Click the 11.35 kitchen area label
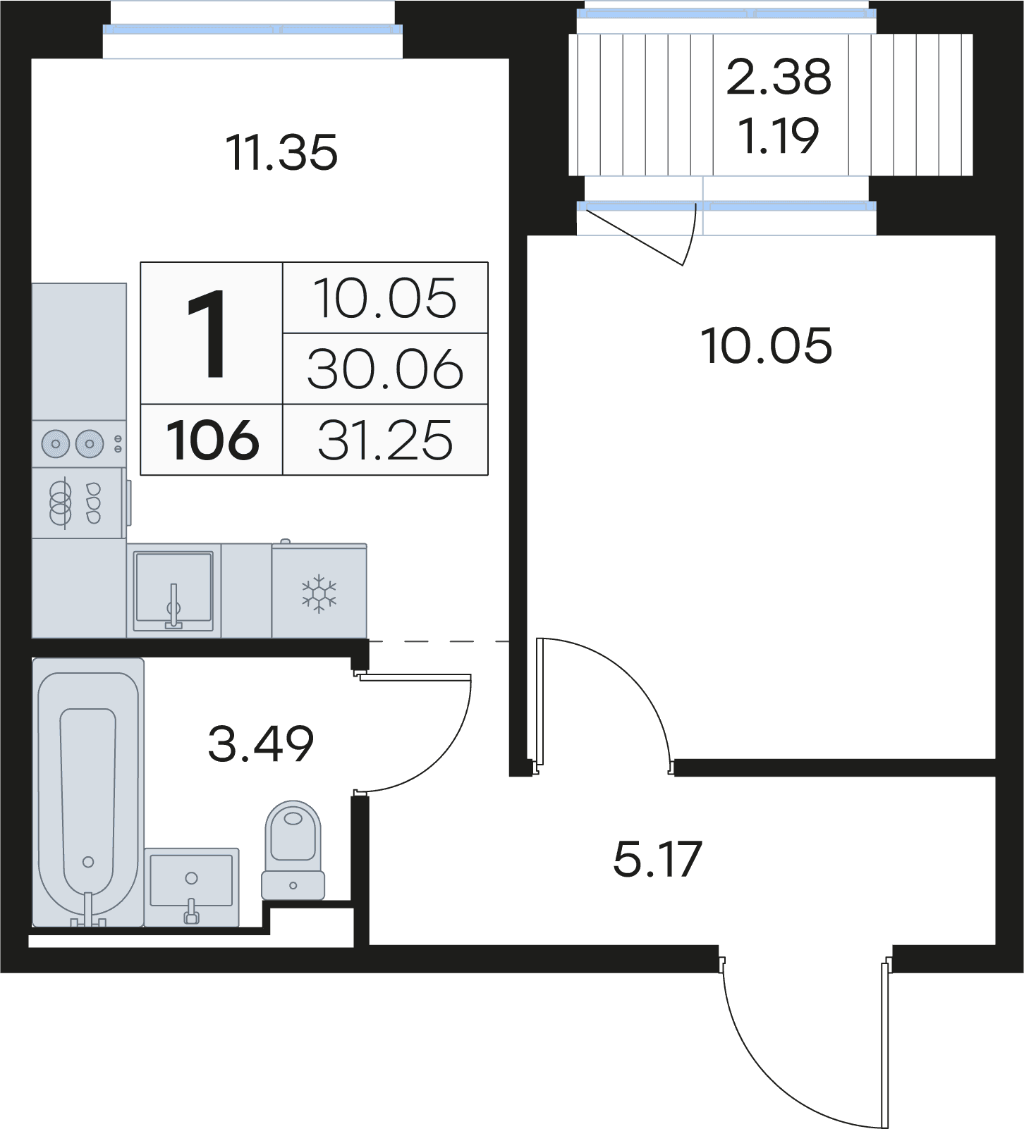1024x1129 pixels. coord(281,152)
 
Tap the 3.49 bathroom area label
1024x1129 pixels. coord(261,744)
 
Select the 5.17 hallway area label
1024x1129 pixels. coord(658,859)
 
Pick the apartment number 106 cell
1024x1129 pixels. coord(212,440)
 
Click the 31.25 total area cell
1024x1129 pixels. coord(385,440)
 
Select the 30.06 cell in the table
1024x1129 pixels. coord(385,369)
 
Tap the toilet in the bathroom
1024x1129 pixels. coord(293,850)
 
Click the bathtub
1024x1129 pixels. coord(88,792)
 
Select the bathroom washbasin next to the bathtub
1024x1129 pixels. coord(192,887)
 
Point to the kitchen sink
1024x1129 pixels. coord(174,591)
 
